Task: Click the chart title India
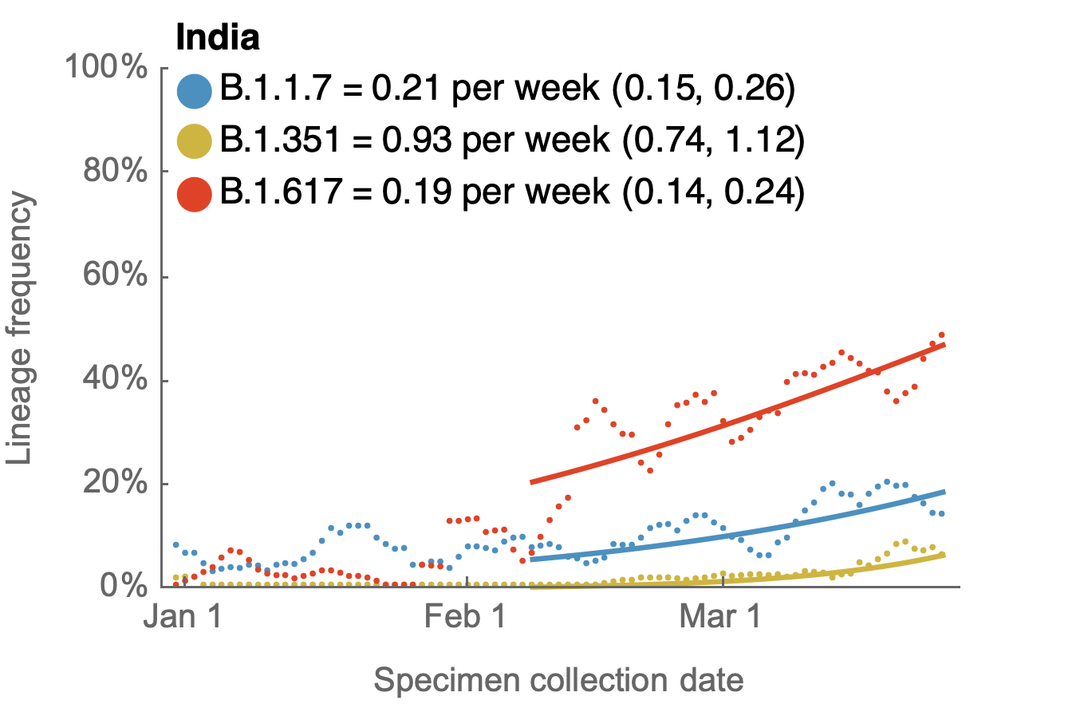(217, 38)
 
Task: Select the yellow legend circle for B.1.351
(194, 142)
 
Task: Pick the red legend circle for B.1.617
(194, 194)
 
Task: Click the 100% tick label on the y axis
(107, 68)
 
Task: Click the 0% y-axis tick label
(124, 587)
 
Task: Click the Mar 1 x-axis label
(720, 618)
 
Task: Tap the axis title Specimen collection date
(558, 681)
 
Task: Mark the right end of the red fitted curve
(944, 344)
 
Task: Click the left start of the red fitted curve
(531, 482)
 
